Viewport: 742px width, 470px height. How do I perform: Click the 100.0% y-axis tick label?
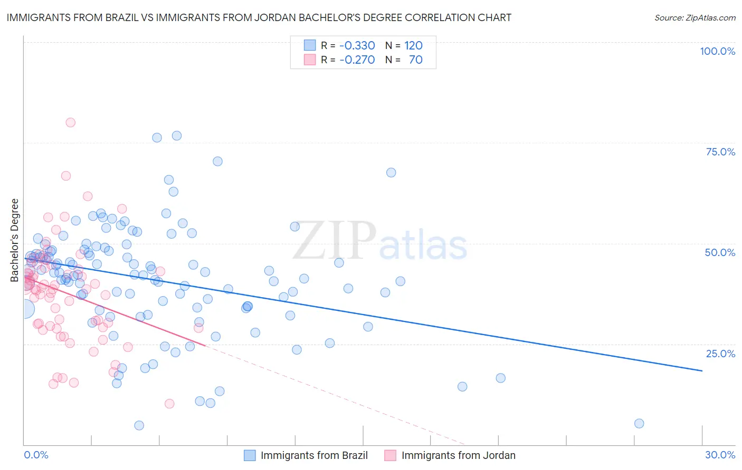coord(717,51)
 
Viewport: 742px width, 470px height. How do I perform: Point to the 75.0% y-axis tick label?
coord(720,152)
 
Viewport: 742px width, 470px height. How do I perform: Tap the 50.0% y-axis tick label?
coord(720,252)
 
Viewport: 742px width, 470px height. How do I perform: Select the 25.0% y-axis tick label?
coord(720,354)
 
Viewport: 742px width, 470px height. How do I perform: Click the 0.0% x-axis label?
coord(36,455)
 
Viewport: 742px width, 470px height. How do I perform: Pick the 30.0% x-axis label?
coord(720,455)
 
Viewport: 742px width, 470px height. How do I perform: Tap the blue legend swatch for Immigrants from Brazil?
coord(250,455)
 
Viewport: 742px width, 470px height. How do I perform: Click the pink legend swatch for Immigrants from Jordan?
coord(390,455)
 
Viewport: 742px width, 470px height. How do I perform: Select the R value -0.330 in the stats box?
coord(357,45)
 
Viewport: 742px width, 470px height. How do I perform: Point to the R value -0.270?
coord(357,60)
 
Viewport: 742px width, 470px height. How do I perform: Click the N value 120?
coord(413,45)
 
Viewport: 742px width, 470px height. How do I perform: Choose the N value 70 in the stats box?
coord(415,60)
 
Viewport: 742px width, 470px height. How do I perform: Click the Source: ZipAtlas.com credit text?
coord(695,17)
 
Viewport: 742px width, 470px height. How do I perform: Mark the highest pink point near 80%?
coord(70,122)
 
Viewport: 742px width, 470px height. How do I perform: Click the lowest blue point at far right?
coord(639,423)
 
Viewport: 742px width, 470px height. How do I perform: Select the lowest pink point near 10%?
coord(169,404)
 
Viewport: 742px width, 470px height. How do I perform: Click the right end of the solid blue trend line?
coord(702,371)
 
